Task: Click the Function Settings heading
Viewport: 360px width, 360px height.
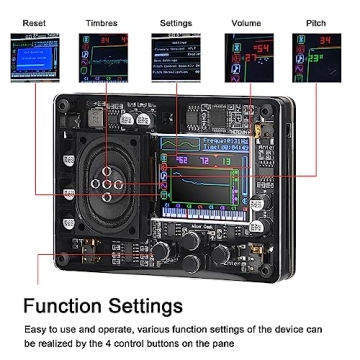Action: (x=102, y=305)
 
